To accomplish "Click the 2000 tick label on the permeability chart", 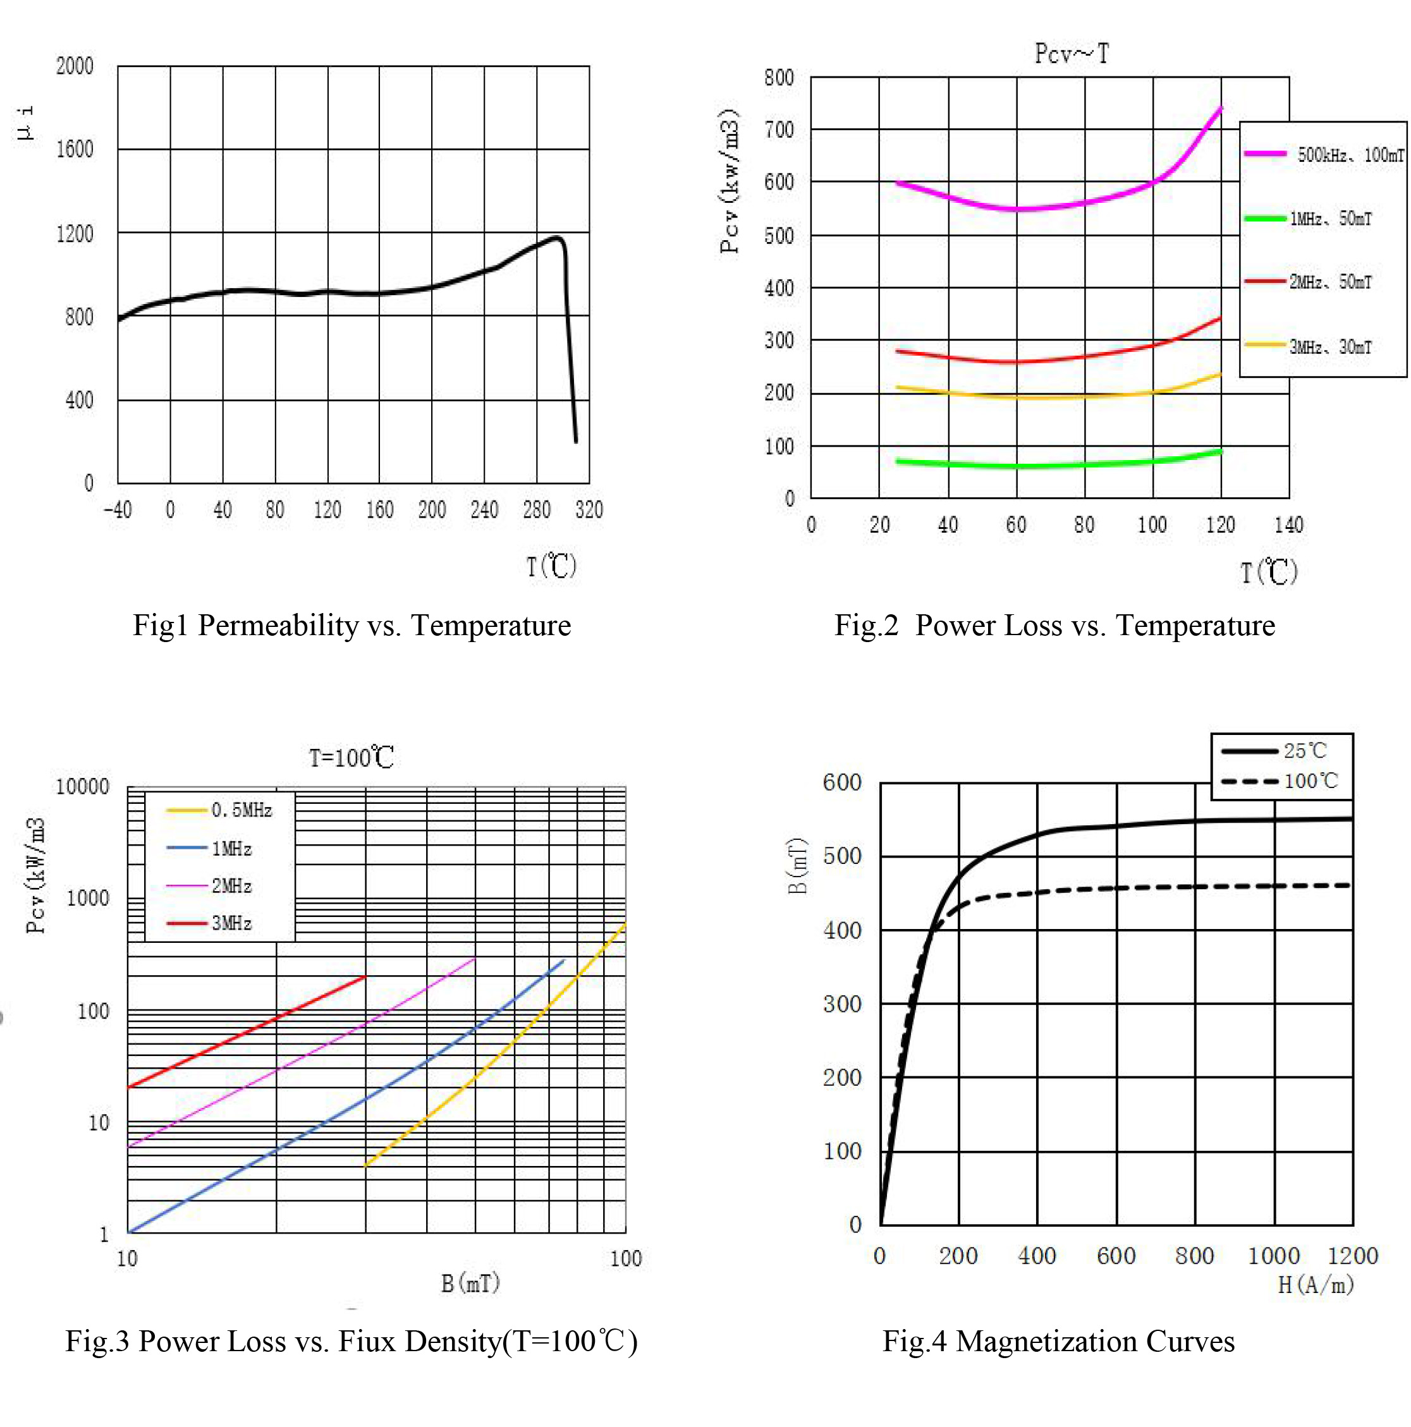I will click(x=75, y=66).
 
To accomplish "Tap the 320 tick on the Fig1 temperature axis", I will click(x=589, y=509).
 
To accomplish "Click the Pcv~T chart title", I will click(x=1070, y=54).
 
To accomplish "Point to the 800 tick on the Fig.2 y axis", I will click(x=779, y=78).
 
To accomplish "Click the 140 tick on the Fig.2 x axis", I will click(x=1288, y=525).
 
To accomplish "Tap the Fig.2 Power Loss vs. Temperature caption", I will click(x=1054, y=625).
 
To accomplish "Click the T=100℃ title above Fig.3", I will click(x=351, y=758).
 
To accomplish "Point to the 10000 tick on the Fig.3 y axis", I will click(x=82, y=787).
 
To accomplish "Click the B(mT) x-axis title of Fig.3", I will click(x=470, y=1283).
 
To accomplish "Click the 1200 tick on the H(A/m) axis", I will click(x=1352, y=1256).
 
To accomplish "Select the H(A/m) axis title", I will click(x=1316, y=1285).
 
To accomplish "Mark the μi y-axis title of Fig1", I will click(x=25, y=123).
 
